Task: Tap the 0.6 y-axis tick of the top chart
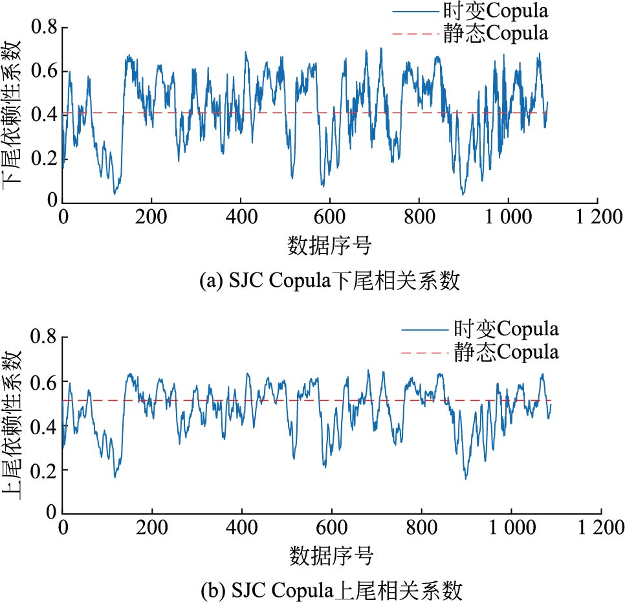point(45,71)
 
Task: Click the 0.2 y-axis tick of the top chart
point(45,158)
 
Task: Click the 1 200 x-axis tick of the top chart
point(597,217)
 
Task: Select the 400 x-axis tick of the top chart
point(241,217)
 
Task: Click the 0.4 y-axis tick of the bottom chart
point(45,426)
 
